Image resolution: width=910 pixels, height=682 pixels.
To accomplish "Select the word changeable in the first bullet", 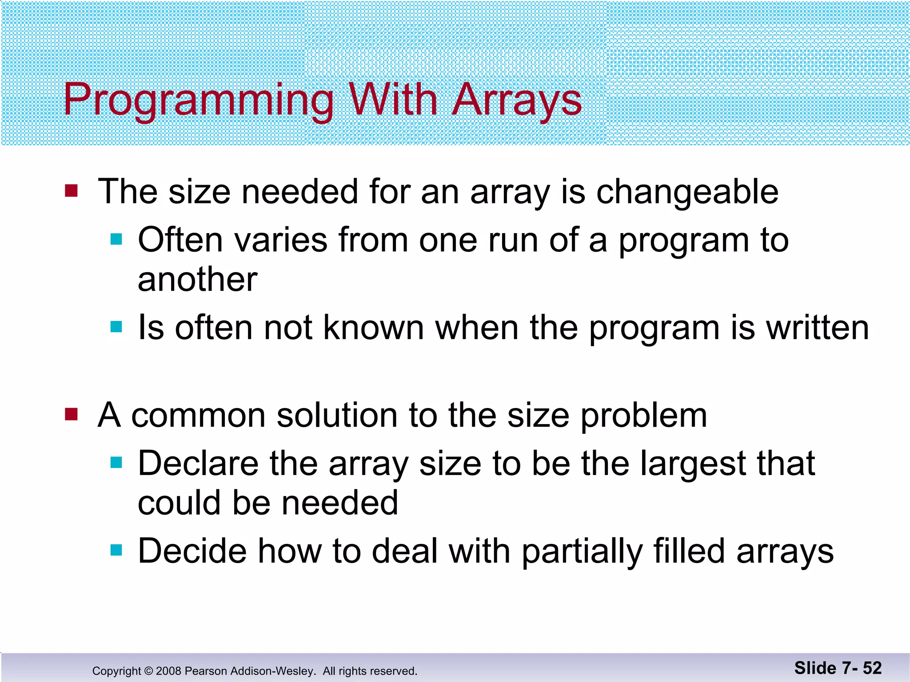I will [x=687, y=192].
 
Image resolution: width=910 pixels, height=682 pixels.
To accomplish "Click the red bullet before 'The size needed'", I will [x=71, y=191].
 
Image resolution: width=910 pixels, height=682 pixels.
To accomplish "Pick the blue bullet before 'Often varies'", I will [x=116, y=240].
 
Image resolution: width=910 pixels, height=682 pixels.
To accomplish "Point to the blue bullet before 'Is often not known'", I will [x=116, y=327].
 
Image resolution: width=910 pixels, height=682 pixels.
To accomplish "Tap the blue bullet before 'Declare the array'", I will [x=116, y=463].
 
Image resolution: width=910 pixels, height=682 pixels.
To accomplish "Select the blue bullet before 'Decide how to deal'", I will [x=116, y=551].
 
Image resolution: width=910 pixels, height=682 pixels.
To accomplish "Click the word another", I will [x=197, y=280].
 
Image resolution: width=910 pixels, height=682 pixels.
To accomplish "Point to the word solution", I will [x=337, y=416].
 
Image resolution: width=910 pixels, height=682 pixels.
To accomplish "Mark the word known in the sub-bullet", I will [x=373, y=328].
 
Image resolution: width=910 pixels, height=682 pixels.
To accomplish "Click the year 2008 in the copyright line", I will [x=168, y=671].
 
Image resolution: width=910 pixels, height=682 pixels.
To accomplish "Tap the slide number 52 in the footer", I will [x=872, y=668].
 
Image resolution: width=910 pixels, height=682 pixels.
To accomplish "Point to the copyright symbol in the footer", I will [x=148, y=671].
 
